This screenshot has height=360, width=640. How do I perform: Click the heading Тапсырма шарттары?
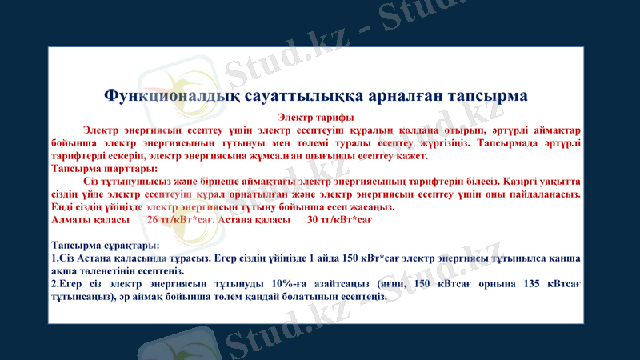(x=104, y=169)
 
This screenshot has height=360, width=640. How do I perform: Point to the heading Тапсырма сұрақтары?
(x=106, y=245)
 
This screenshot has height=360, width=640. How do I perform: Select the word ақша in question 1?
(x=65, y=270)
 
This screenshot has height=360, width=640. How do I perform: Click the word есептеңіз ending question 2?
(x=361, y=296)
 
